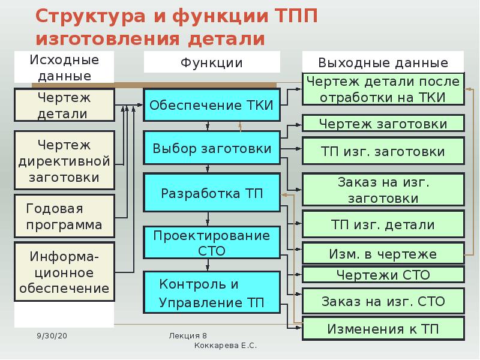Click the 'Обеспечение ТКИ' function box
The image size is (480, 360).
click(x=211, y=106)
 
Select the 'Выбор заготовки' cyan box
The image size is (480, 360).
click(x=211, y=148)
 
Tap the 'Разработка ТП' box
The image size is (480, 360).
click(x=211, y=193)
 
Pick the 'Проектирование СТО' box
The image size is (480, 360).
click(x=211, y=243)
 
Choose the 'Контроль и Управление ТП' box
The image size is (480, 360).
click(x=211, y=292)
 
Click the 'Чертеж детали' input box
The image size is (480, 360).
click(x=64, y=106)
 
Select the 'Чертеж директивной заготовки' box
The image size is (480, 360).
click(x=64, y=161)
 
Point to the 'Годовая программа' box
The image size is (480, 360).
click(x=64, y=217)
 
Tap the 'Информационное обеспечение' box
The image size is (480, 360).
click(x=64, y=272)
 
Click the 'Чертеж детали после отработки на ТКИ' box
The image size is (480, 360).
click(x=383, y=90)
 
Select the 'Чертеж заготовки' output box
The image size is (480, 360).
click(x=383, y=124)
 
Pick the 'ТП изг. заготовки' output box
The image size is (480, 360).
click(x=383, y=151)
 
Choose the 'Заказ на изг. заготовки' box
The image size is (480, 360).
click(x=383, y=190)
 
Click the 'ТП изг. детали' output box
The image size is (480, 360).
click(x=383, y=224)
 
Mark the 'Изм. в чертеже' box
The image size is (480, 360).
click(x=383, y=254)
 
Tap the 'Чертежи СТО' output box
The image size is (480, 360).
click(x=383, y=275)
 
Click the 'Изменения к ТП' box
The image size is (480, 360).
click(x=383, y=328)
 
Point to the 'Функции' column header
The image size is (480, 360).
click(x=211, y=62)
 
